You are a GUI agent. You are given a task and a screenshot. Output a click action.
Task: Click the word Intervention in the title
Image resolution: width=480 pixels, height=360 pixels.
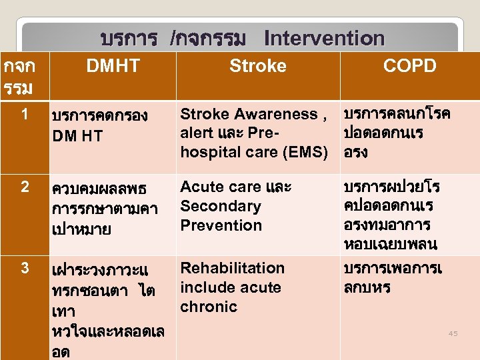point(324,39)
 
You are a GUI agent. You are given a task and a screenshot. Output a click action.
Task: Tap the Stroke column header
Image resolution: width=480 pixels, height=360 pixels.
point(257,65)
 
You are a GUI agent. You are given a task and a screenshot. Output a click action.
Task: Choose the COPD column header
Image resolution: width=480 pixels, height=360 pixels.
point(409,65)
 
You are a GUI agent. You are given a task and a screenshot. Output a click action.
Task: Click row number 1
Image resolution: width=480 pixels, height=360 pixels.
point(24,115)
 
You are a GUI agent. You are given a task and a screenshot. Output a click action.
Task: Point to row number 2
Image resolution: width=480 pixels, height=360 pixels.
point(25,187)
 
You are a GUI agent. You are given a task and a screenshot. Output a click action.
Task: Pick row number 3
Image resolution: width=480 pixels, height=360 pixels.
point(25,268)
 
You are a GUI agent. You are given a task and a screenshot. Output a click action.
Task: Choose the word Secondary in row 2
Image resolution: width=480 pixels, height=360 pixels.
point(221,206)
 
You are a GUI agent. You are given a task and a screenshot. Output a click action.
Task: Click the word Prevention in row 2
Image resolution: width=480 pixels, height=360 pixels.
point(221,225)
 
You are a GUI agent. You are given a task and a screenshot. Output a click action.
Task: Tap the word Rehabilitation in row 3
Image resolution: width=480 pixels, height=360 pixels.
point(233,268)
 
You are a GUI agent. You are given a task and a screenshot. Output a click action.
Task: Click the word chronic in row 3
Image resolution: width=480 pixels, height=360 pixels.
point(209,307)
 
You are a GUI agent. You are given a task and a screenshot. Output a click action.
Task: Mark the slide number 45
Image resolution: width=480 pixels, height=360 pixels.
point(453,333)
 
